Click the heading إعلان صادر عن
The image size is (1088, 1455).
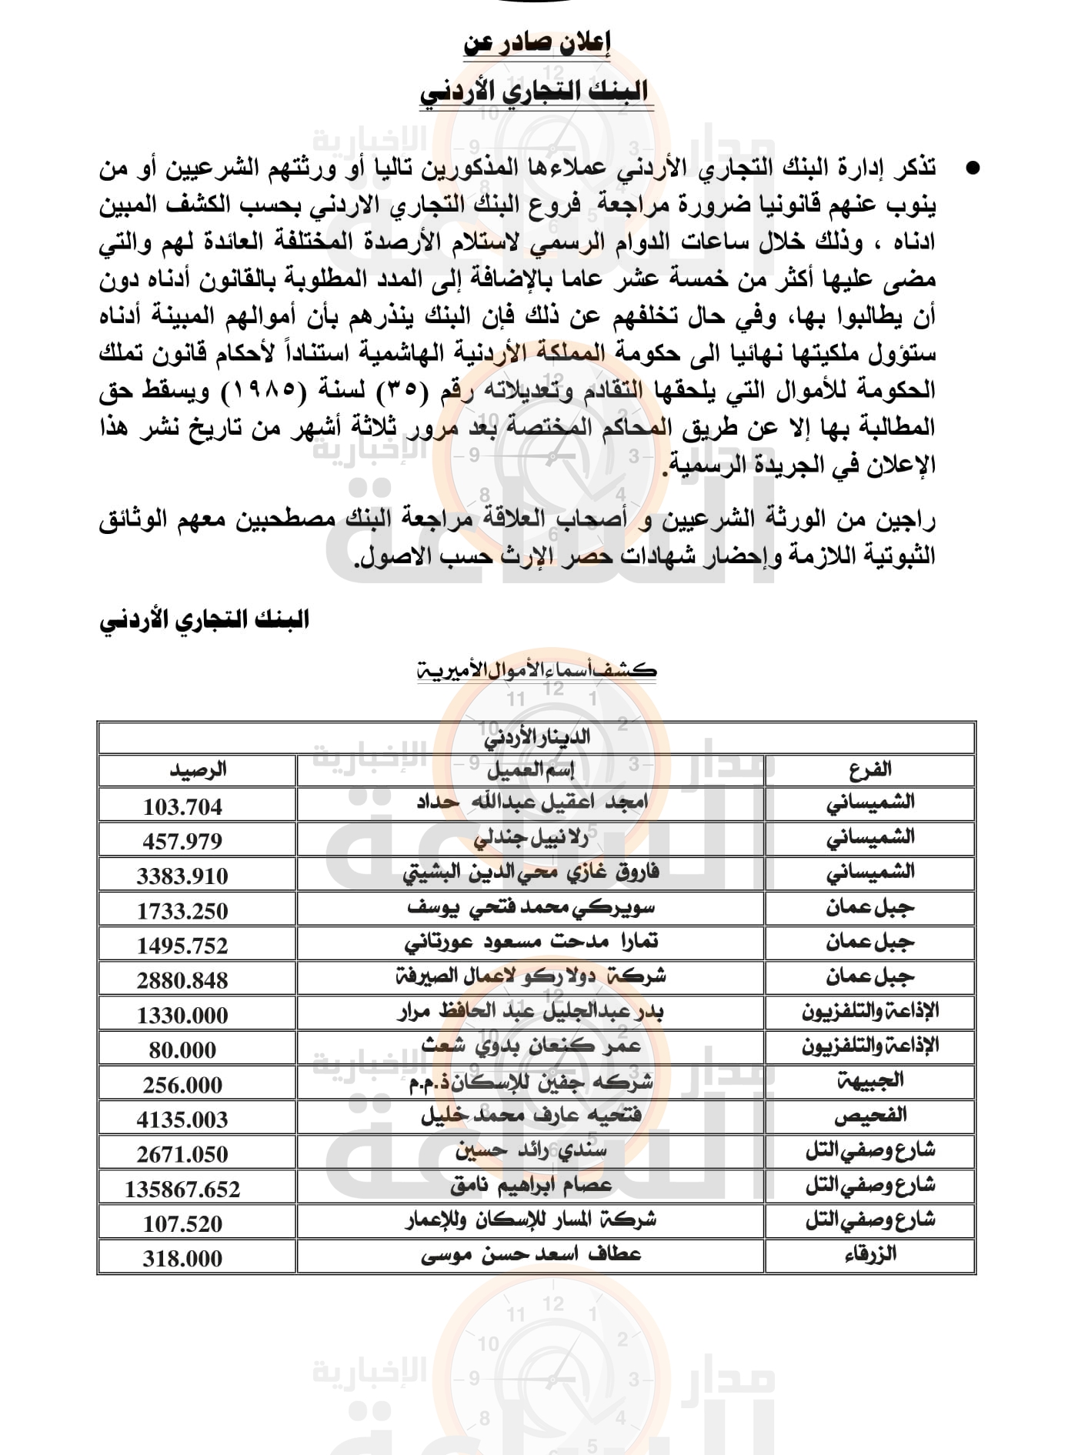click(536, 44)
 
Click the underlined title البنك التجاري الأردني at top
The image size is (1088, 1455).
click(536, 92)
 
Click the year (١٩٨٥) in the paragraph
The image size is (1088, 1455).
click(258, 391)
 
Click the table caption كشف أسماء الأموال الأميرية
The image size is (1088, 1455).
click(536, 669)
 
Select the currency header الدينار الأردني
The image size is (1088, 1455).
click(536, 737)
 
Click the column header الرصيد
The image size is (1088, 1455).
click(197, 769)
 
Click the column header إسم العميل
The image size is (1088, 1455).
click(530, 769)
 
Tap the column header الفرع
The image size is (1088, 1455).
click(869, 769)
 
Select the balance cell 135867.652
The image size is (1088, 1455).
click(182, 1190)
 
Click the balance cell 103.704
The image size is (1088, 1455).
click(182, 806)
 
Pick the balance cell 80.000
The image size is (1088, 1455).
click(182, 1050)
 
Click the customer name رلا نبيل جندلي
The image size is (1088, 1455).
click(530, 838)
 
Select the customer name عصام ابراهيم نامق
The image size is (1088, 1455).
click(530, 1186)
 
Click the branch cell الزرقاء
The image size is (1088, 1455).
click(869, 1255)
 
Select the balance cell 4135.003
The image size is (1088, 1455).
click(182, 1120)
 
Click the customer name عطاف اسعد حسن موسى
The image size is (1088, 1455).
click(530, 1255)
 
